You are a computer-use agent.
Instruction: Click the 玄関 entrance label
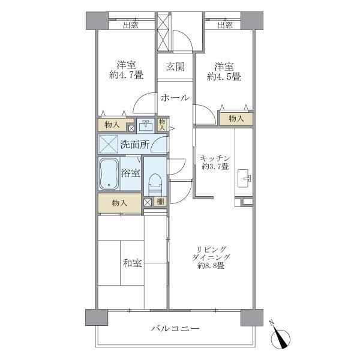point(175,66)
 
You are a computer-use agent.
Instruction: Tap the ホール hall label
point(175,97)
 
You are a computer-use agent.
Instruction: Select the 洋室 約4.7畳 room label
point(125,71)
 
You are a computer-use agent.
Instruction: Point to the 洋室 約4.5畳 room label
point(224,71)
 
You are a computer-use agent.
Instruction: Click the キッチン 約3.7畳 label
point(213,162)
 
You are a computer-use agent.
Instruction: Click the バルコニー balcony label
point(175,329)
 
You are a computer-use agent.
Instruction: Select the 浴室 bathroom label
point(132,173)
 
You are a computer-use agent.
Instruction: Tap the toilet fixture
point(155,181)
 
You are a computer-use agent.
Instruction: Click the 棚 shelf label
point(160,202)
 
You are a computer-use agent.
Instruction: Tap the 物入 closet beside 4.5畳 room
point(236,118)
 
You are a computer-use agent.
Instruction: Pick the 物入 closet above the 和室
point(120,203)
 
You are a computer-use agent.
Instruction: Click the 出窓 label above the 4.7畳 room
point(131,25)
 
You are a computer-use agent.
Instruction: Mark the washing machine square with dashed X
point(109,144)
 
